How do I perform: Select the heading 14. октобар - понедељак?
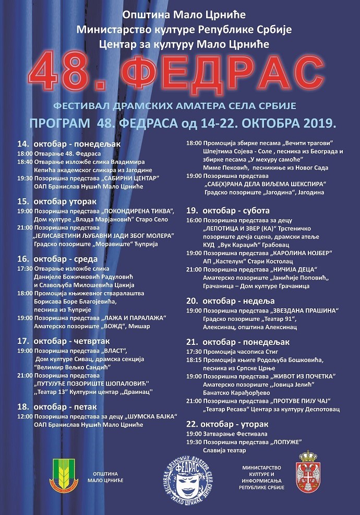pos(69,143)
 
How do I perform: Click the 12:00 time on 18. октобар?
pos(25,417)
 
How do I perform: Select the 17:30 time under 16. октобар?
pos(25,268)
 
